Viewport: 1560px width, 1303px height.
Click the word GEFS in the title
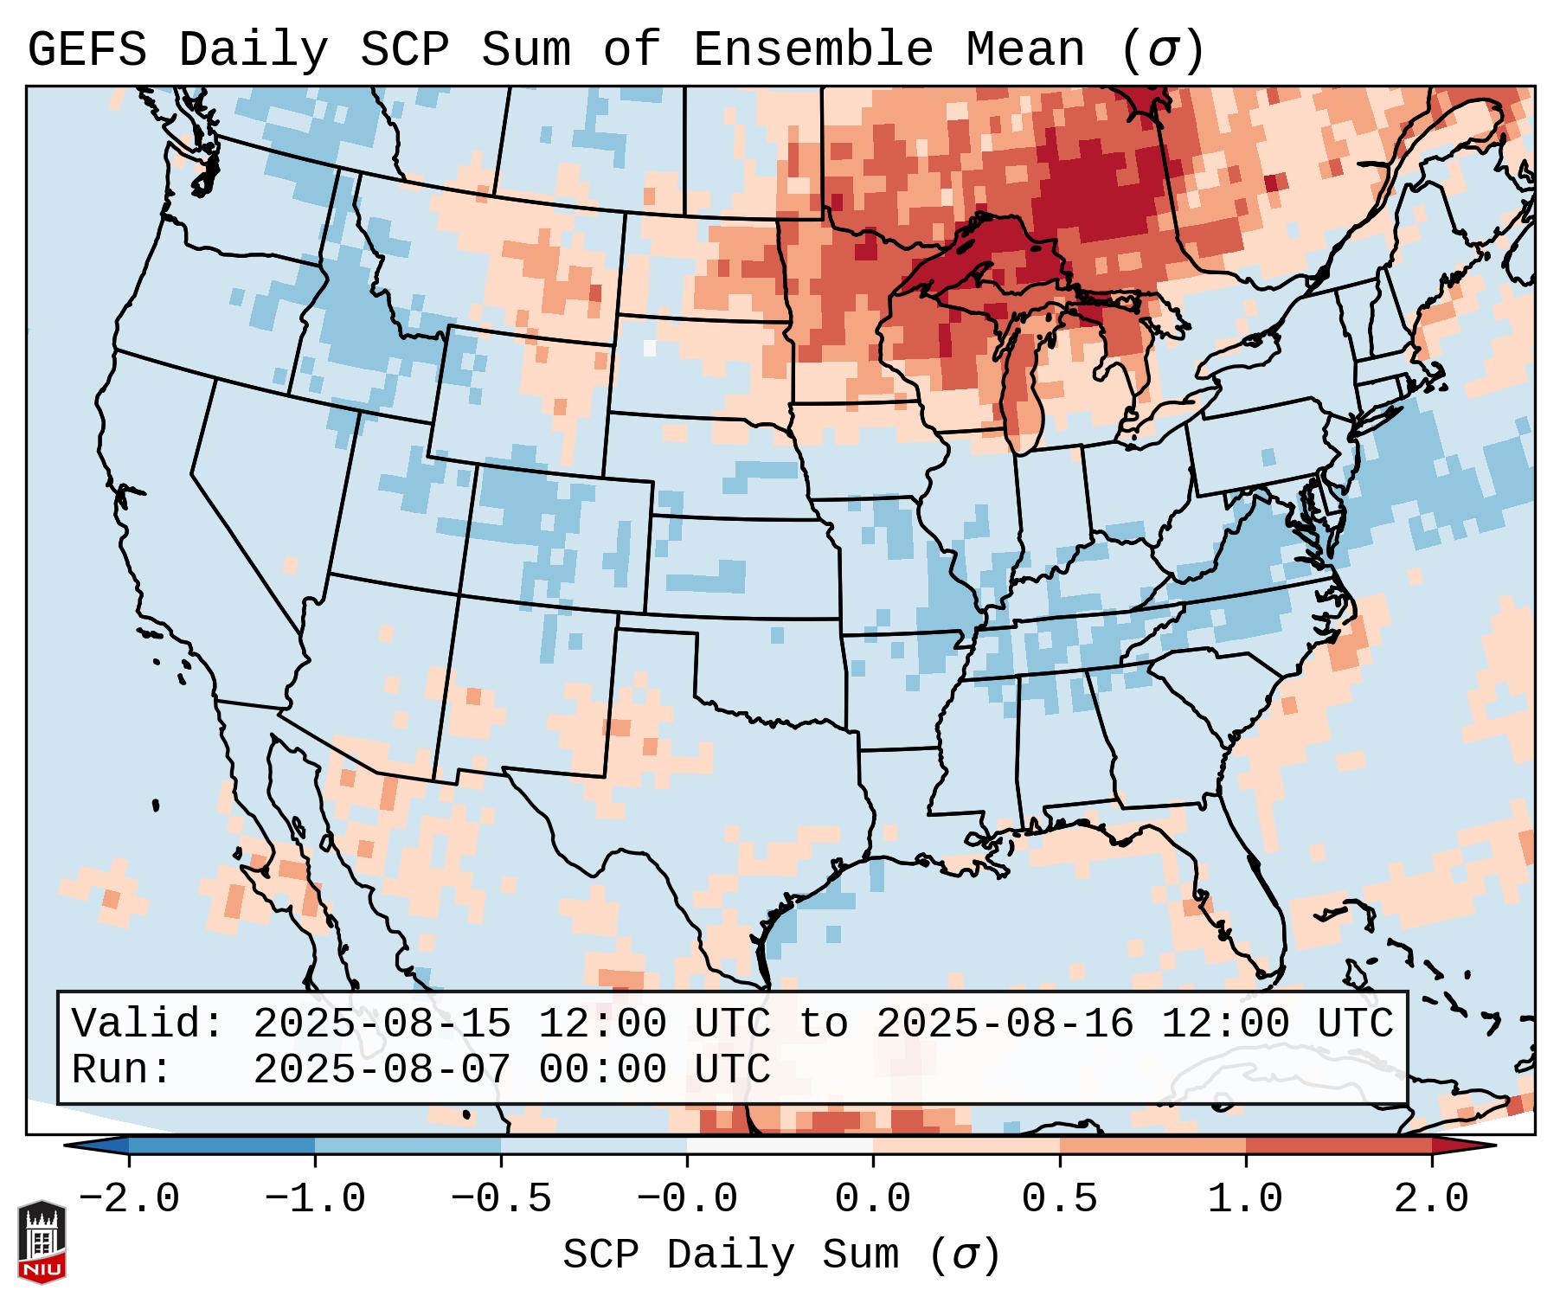pyautogui.click(x=87, y=50)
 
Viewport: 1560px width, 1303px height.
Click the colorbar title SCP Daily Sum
pyautogui.click(x=730, y=1255)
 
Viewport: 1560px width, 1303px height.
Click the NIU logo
pyautogui.click(x=42, y=1241)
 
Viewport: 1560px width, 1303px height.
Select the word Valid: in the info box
pyautogui.click(x=148, y=1024)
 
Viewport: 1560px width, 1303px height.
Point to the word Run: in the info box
pyautogui.click(x=122, y=1070)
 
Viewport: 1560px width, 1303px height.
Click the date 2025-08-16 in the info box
pyautogui.click(x=1005, y=1024)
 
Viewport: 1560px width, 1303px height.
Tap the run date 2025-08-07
pyautogui.click(x=382, y=1070)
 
